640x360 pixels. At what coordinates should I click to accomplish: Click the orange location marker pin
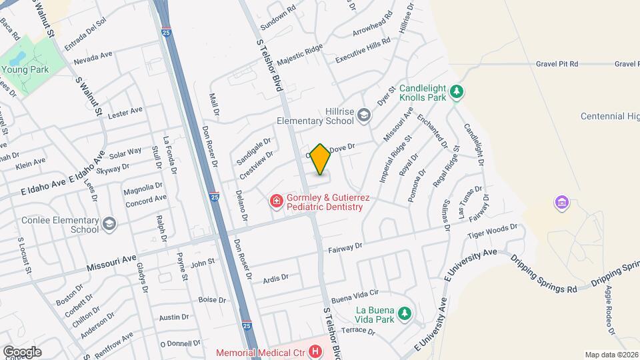321,159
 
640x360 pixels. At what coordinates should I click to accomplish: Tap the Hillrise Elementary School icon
364,116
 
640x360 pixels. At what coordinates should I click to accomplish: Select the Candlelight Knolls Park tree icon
456,91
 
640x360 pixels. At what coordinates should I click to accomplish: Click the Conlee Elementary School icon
109,224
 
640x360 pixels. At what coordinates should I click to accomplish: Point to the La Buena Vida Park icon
403,313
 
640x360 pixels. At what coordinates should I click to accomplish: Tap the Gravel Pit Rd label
557,64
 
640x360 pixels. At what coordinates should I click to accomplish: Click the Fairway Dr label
345,247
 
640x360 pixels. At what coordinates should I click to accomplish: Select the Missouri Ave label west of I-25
111,262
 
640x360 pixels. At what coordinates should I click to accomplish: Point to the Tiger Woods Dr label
492,231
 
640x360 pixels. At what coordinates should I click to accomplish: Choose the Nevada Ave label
93,58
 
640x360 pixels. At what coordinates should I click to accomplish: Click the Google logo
22,351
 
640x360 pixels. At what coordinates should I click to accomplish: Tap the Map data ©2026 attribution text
611,355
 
